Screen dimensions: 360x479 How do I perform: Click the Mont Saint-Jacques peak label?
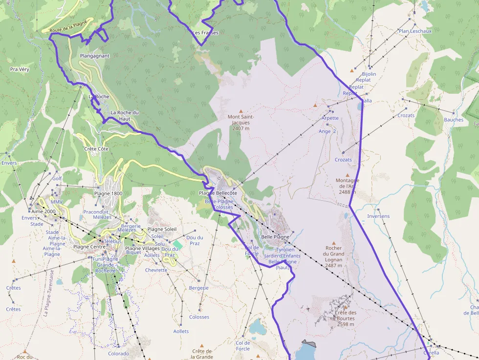point(241,123)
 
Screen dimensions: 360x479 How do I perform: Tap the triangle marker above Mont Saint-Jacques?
point(240,111)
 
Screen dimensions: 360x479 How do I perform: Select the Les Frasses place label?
point(206,33)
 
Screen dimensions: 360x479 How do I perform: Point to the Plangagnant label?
point(95,56)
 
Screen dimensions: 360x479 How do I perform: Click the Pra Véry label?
point(20,69)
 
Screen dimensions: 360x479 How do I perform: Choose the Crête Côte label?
point(96,148)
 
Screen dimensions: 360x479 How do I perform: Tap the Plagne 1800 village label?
point(108,193)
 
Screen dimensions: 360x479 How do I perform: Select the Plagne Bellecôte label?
point(218,193)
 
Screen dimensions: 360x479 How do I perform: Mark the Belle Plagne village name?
point(275,237)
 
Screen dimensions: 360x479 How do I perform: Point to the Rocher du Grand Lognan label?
point(334,254)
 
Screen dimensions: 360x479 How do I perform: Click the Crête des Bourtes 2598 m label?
point(346,318)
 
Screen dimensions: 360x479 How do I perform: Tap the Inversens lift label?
point(378,216)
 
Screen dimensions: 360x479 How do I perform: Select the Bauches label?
point(454,120)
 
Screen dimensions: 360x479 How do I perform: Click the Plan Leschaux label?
point(415,31)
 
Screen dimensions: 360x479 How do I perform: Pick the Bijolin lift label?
point(369,74)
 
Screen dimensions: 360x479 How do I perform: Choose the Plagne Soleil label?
point(162,229)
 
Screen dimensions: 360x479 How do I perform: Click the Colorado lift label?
point(118,354)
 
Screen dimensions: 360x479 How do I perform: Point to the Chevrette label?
point(156,270)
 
